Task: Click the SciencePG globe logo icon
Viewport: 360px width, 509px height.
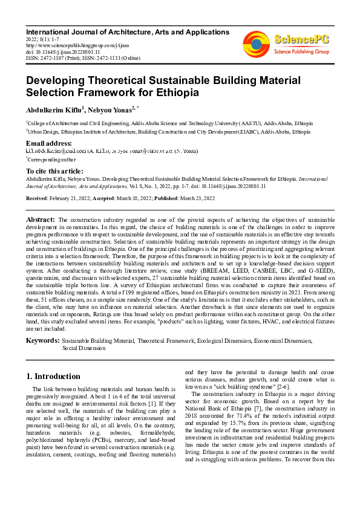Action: (x=256, y=44)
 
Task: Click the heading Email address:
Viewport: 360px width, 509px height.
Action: (x=50, y=143)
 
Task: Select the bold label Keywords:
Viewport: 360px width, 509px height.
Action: (x=42, y=342)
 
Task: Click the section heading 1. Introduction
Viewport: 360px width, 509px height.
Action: (x=53, y=376)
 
